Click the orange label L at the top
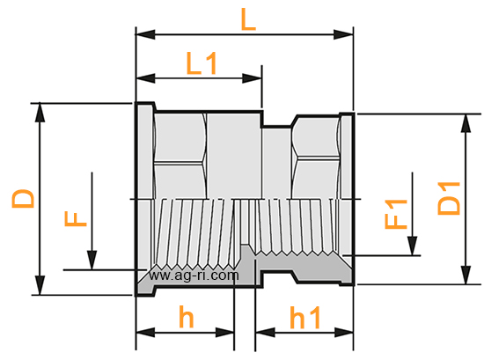coord(248,19)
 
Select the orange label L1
coord(202,63)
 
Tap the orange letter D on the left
coord(23,198)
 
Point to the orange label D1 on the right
coord(449,199)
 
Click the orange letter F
coord(76,218)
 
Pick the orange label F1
coord(396,214)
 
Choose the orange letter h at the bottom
coord(187,317)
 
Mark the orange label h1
coord(305,317)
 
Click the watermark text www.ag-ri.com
coord(194,275)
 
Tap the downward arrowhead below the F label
coord(92,260)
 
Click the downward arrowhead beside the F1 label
coord(413,246)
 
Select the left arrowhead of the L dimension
coord(145,34)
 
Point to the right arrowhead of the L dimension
coord(343,34)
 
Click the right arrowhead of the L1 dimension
coord(253,78)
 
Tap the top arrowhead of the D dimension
coord(40,113)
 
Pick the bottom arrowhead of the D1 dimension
coord(466,275)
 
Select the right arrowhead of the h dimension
coord(225,333)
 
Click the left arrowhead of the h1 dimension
coord(265,333)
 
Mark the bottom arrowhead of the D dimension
coord(40,285)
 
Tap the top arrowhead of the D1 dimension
coord(466,123)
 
